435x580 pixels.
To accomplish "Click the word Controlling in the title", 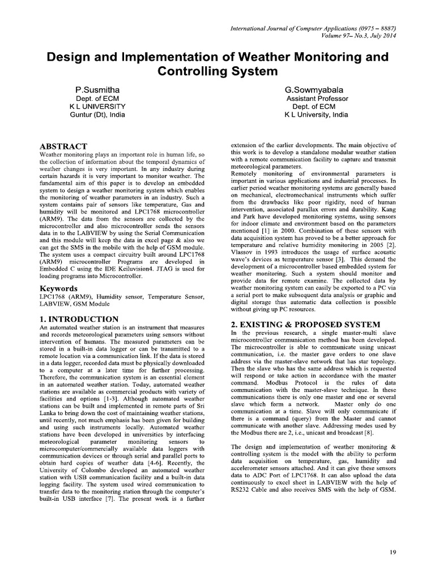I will click(188, 72).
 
